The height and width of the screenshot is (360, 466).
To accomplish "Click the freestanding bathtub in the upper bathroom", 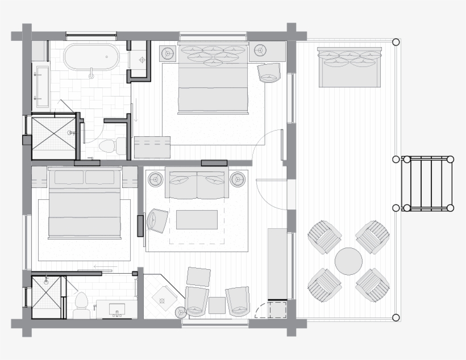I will click(x=91, y=59).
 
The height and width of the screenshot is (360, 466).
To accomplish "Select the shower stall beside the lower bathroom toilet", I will click(x=45, y=296).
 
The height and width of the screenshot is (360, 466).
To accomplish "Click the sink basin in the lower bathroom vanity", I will click(x=118, y=309).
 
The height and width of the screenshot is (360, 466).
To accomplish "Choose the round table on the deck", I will click(x=348, y=261).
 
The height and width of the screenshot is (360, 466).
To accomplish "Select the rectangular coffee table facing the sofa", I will click(x=197, y=220).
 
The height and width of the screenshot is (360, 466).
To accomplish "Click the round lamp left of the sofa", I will click(x=156, y=180).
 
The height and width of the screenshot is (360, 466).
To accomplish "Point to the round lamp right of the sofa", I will click(x=238, y=180).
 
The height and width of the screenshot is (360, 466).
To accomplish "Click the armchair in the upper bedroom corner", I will click(x=269, y=73).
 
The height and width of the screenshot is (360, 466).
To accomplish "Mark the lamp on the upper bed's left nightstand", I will click(x=168, y=53).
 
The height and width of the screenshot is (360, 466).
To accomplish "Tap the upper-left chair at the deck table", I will click(x=324, y=237).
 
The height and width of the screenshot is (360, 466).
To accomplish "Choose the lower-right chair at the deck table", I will click(x=373, y=285).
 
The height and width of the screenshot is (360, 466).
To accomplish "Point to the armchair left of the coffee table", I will click(x=157, y=220).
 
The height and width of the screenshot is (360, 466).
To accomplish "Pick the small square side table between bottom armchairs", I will click(x=217, y=305).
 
